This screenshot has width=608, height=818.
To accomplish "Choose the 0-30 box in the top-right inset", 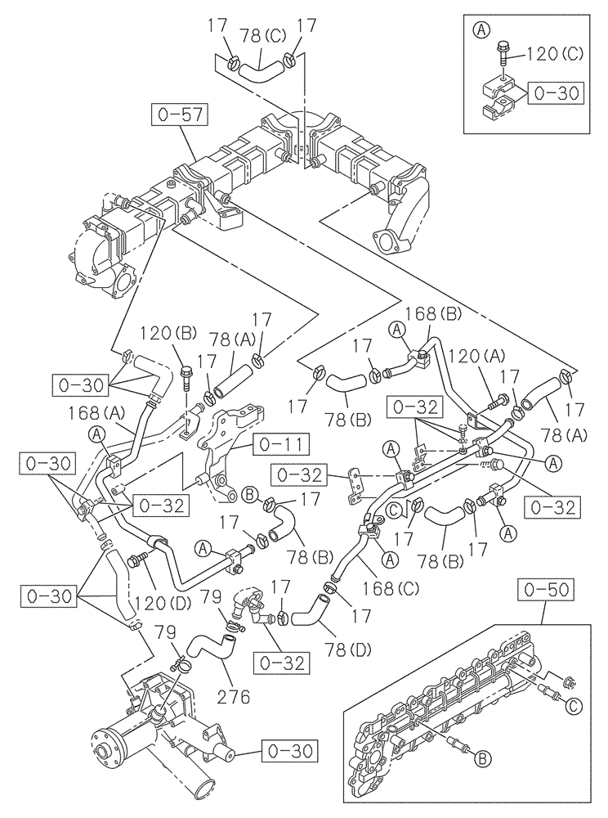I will (x=557, y=94).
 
